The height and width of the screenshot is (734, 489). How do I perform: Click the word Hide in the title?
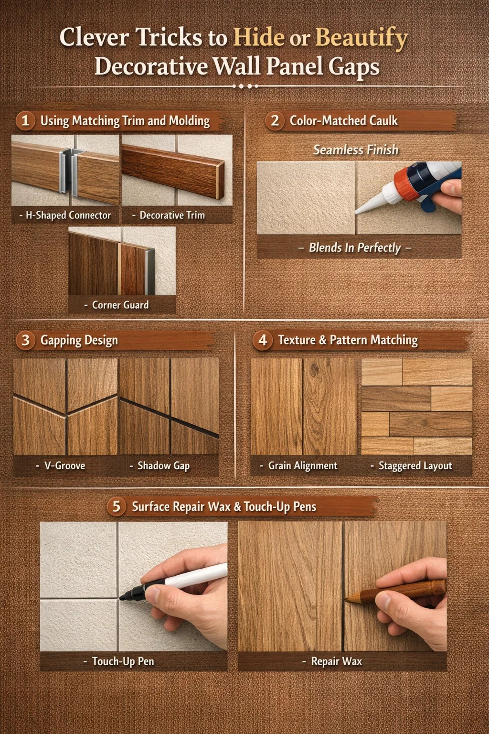(258, 37)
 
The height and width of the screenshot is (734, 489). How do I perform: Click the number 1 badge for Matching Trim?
(25, 121)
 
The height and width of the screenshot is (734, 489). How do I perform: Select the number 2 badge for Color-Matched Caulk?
(275, 120)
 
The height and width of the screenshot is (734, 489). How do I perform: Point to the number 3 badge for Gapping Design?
(25, 340)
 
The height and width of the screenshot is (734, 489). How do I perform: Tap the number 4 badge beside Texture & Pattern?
(263, 340)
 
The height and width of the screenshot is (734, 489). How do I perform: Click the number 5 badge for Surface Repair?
(117, 507)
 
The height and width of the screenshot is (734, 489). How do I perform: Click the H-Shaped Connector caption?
(65, 216)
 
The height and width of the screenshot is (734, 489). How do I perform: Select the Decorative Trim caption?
(169, 216)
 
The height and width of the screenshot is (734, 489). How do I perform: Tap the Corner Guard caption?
(117, 305)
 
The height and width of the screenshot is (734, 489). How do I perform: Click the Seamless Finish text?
(356, 150)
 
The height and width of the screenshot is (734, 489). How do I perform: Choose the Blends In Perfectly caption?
(355, 248)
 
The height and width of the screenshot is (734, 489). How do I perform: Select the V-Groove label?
(61, 465)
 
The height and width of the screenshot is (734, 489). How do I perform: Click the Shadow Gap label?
(160, 466)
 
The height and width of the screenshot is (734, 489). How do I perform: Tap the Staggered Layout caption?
(411, 466)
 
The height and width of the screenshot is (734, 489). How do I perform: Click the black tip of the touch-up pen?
(124, 597)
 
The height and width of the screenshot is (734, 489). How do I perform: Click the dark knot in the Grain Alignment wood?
(314, 369)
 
